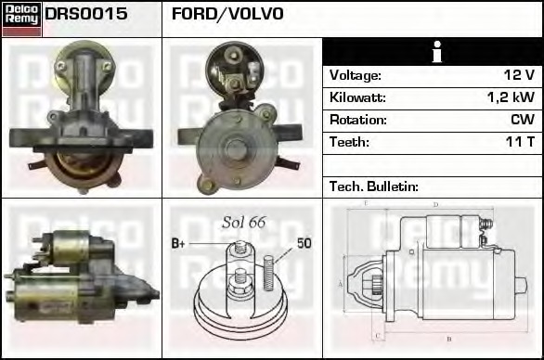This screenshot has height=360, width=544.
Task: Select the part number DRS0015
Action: pyautogui.click(x=86, y=14)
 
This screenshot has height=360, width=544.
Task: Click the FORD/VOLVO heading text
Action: pyautogui.click(x=227, y=14)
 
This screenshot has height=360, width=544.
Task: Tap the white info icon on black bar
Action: pyautogui.click(x=434, y=52)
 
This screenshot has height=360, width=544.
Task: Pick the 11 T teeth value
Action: pyautogui.click(x=519, y=142)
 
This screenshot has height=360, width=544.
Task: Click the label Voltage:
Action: pyautogui.click(x=356, y=75)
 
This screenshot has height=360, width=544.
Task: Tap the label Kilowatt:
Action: pyautogui.click(x=357, y=97)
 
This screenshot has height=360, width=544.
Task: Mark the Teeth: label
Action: pyautogui.click(x=349, y=142)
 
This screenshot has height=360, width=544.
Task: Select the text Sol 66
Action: pyautogui.click(x=243, y=223)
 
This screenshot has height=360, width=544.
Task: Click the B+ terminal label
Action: pyautogui.click(x=180, y=243)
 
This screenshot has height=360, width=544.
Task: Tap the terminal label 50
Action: pyautogui.click(x=304, y=243)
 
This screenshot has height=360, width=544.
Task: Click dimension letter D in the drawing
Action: pyautogui.click(x=435, y=205)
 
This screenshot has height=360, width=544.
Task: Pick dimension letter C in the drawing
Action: pyautogui.click(x=375, y=334)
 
